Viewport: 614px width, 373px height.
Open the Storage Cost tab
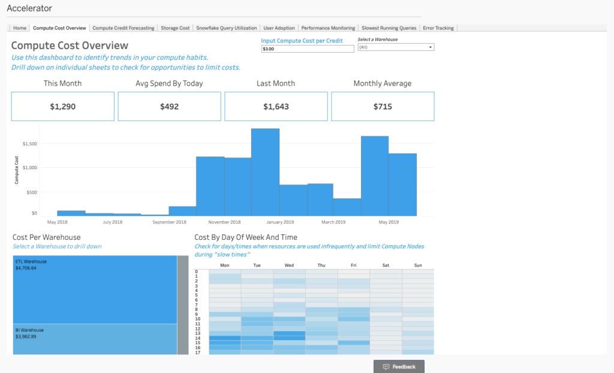point(175,28)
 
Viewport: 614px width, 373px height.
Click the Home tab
point(20,28)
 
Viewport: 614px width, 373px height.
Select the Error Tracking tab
point(438,28)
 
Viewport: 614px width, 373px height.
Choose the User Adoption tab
point(279,28)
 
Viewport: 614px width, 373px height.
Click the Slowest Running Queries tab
point(389,28)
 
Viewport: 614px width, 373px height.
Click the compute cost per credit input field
point(308,49)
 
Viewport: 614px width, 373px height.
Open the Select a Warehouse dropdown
point(396,47)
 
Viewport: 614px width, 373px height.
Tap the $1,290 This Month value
point(62,107)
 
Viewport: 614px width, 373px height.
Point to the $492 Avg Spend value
point(169,107)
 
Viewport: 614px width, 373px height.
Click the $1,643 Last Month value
point(276,107)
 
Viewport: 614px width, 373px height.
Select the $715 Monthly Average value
point(383,107)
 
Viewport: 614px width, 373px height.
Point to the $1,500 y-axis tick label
point(30,144)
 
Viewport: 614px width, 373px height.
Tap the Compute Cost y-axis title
point(17,169)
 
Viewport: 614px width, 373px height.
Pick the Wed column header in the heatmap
point(289,265)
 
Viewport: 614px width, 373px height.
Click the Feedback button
point(399,366)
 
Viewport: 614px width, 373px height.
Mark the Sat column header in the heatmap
point(386,265)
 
